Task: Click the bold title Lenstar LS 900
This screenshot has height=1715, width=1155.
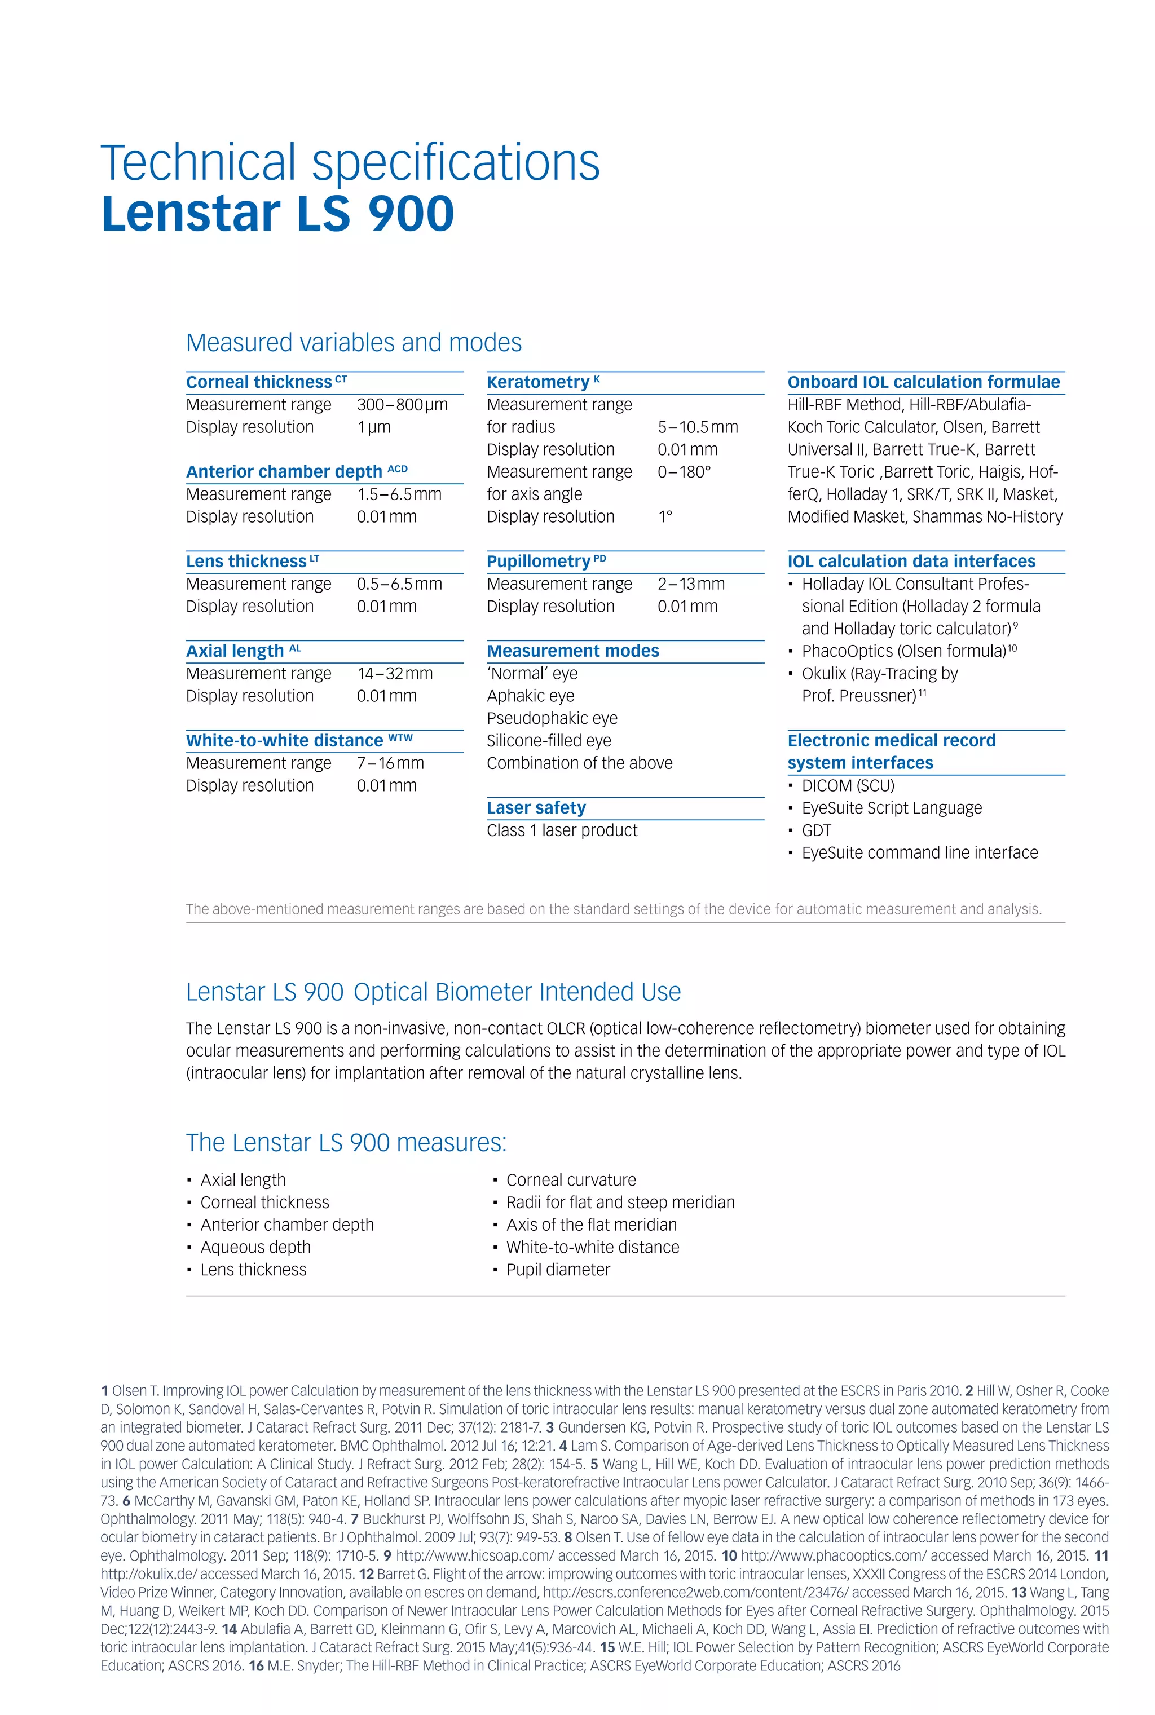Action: point(277,214)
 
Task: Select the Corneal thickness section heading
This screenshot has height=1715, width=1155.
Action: point(259,382)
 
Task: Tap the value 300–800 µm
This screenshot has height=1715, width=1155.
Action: point(402,405)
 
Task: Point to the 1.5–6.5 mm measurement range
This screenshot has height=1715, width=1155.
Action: point(399,494)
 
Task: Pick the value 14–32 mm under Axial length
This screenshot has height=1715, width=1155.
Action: point(395,674)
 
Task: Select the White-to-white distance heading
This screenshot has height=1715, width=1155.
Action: point(284,741)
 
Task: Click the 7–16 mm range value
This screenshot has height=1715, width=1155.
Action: point(390,763)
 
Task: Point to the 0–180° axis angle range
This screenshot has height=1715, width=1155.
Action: point(684,472)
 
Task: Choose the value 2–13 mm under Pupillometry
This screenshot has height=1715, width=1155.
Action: point(691,584)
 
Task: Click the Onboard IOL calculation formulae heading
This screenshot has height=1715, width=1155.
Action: point(924,382)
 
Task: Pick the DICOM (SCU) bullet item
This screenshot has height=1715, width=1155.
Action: point(848,786)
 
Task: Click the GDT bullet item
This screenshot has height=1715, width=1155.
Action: point(816,830)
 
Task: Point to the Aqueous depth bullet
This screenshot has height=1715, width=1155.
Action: point(255,1248)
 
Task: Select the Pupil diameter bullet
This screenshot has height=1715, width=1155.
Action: point(558,1270)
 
